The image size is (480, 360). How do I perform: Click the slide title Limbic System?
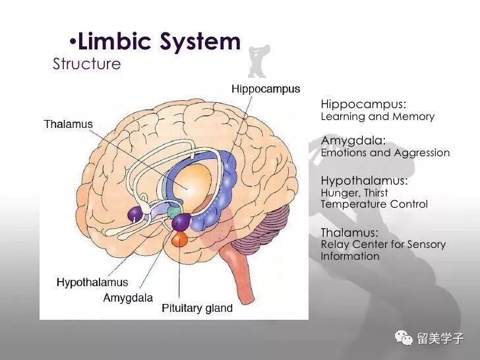tap(158, 42)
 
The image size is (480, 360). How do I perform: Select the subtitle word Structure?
tap(87, 64)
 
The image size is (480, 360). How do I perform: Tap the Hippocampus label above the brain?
tap(266, 89)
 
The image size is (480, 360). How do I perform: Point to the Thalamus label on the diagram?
tap(69, 124)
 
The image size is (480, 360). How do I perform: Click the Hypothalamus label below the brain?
tap(92, 282)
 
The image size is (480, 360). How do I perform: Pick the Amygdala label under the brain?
tap(128, 298)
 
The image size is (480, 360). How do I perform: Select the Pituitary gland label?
tap(197, 308)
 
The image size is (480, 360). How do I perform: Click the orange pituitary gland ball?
tap(179, 239)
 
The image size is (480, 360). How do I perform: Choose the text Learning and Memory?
tap(377, 117)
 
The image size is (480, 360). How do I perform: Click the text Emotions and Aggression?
tap(385, 153)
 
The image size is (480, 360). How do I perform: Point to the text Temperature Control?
tap(374, 204)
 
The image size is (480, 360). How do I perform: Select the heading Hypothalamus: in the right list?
tap(364, 180)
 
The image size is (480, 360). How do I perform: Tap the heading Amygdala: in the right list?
tap(353, 140)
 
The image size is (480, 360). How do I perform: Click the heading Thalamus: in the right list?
tap(349, 232)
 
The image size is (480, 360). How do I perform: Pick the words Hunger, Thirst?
tap(354, 193)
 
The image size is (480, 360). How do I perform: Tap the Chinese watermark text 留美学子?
tap(440, 339)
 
